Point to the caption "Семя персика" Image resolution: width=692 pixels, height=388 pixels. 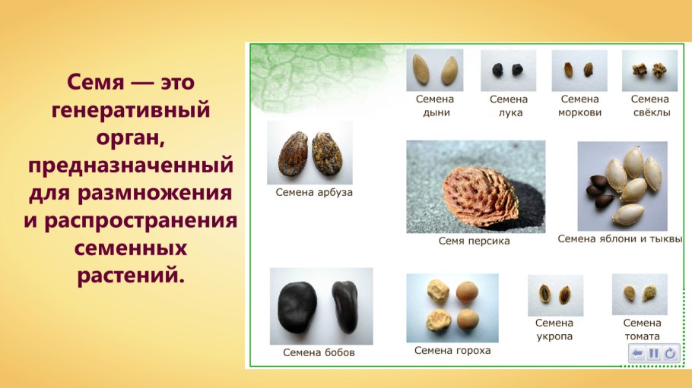[x=474, y=241]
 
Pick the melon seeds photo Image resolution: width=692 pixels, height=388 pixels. [x=434, y=71]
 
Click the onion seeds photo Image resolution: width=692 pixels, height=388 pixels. [x=507, y=71]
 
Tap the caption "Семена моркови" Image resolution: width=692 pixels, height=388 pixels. [x=579, y=106]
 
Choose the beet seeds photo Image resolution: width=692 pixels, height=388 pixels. [x=649, y=71]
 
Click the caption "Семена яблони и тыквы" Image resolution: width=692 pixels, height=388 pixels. [x=620, y=238]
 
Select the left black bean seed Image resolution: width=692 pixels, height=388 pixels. [x=296, y=305]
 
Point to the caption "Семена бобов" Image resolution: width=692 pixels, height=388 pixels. [x=319, y=352]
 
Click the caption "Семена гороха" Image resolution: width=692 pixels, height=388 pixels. [x=452, y=350]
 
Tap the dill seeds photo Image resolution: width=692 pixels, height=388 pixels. [x=555, y=295]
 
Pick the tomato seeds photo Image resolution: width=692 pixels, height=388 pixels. [x=640, y=294]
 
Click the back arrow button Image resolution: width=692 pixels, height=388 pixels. [x=637, y=353]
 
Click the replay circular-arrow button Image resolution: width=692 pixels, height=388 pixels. [x=669, y=353]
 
